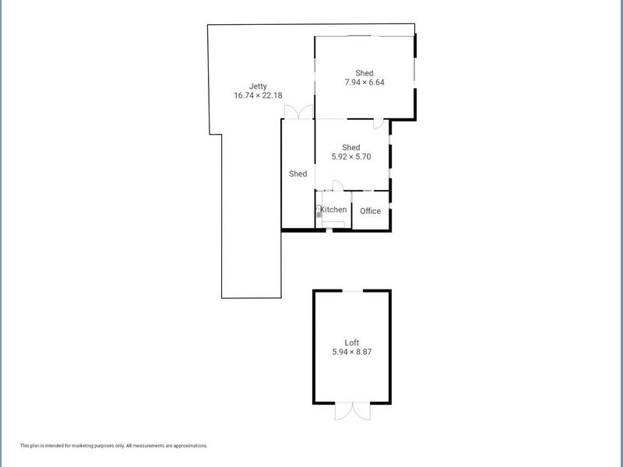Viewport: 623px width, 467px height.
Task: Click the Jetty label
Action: (258, 86)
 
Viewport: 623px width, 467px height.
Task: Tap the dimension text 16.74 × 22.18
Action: (258, 95)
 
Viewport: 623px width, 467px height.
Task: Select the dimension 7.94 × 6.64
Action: (364, 83)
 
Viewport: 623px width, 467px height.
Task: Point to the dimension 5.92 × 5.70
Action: (351, 156)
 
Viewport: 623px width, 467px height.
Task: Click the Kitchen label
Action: (333, 209)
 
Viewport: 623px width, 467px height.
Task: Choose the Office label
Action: (371, 211)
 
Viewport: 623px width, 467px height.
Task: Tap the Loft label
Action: (352, 342)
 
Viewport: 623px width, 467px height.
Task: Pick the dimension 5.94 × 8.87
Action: (352, 352)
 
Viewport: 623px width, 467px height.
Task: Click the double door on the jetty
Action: (298, 111)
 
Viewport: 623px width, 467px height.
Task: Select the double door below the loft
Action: (353, 412)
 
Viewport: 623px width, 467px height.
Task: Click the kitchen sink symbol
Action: (319, 211)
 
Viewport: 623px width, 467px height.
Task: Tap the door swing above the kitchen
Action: (338, 185)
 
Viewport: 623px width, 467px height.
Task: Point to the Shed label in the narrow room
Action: (298, 174)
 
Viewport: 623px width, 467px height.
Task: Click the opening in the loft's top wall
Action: (353, 291)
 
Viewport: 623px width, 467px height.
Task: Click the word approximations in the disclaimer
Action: (190, 446)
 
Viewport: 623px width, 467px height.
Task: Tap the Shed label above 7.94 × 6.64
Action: (364, 73)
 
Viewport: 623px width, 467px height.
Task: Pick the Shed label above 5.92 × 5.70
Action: (351, 147)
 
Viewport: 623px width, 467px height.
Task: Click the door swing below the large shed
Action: (378, 124)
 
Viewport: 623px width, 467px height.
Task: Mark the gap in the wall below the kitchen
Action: (329, 230)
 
